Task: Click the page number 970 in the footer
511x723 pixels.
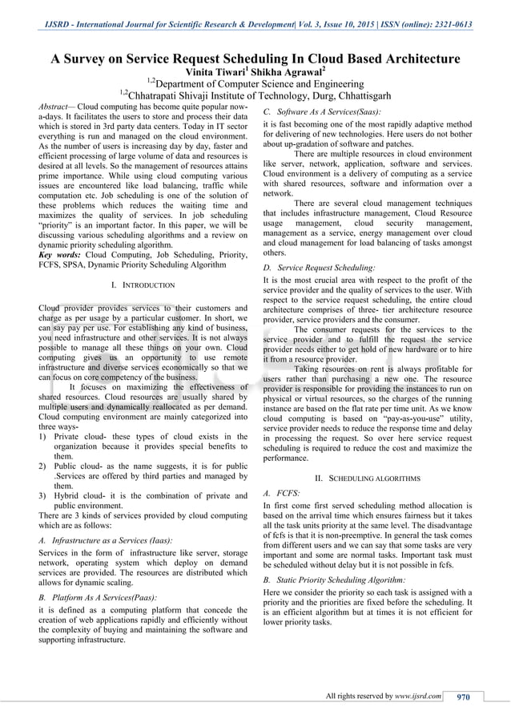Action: [463, 697]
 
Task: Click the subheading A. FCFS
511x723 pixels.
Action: [281, 495]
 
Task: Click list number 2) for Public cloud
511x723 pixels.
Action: [42, 466]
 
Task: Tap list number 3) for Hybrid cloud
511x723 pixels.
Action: [42, 496]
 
